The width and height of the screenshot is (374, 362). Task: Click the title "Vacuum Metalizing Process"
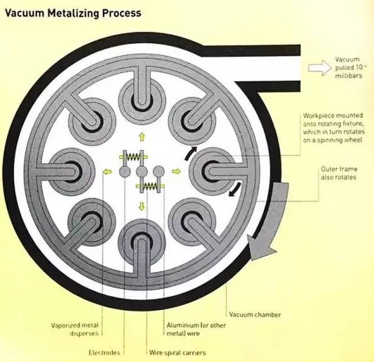click(73, 13)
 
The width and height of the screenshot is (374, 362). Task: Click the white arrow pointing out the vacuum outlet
click(320, 68)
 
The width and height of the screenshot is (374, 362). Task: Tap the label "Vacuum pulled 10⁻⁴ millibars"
click(350, 67)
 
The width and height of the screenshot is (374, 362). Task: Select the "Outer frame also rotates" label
click(339, 173)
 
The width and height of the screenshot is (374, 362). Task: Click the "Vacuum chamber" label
click(255, 314)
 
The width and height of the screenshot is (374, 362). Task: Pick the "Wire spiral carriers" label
click(177, 352)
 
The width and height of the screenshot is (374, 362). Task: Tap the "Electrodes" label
click(104, 352)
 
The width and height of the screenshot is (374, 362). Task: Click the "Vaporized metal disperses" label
click(75, 329)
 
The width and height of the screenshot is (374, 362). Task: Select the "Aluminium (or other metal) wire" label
click(196, 329)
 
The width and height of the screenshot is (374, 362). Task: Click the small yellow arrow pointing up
click(142, 137)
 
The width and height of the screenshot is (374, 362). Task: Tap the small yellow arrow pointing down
click(142, 206)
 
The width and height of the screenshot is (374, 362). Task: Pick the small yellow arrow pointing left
click(107, 171)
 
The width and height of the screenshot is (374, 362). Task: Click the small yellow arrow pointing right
click(176, 171)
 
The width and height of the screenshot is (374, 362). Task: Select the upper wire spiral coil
click(133, 157)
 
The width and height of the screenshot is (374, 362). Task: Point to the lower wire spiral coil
click(150, 186)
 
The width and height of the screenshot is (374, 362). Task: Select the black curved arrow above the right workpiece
click(190, 153)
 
